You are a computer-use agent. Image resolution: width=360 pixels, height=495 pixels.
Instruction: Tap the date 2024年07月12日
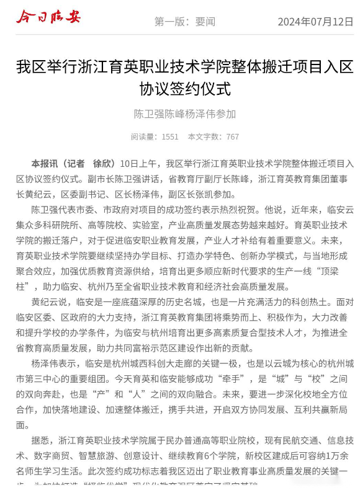pyautogui.click(x=315, y=22)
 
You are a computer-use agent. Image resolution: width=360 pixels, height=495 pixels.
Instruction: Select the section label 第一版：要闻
pyautogui.click(x=184, y=22)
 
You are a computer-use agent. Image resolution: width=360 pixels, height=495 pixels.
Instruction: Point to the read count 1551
pyautogui.click(x=169, y=136)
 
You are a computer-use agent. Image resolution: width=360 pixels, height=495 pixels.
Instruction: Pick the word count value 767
pyautogui.click(x=232, y=136)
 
